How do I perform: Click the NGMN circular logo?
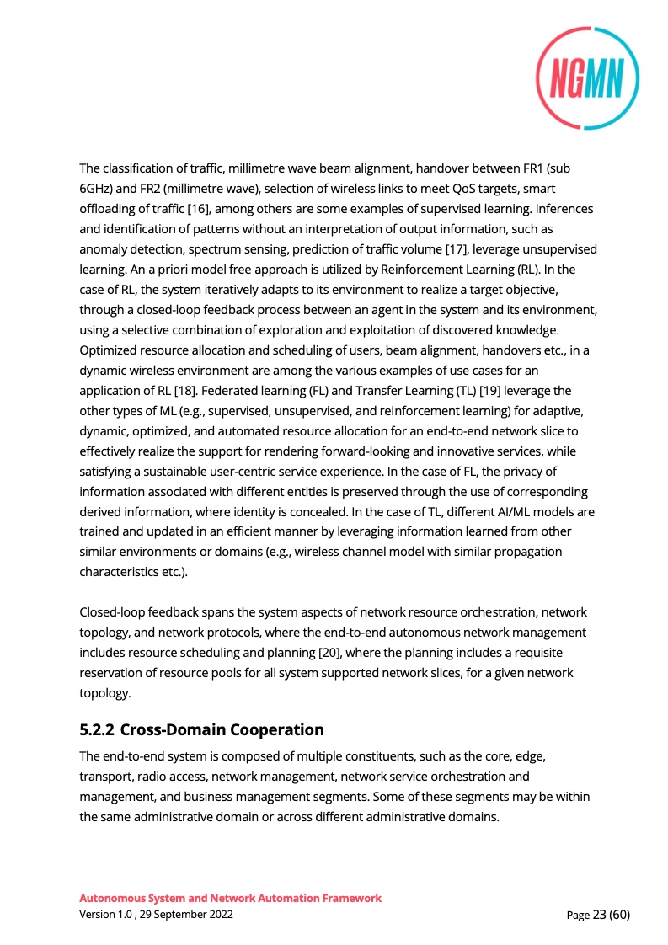[587, 78]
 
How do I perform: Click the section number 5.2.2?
[96, 729]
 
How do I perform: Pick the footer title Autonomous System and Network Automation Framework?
[230, 898]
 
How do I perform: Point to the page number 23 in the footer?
[600, 915]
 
